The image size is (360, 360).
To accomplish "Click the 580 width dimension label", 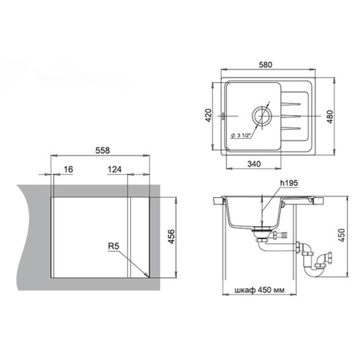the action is click(x=266, y=65).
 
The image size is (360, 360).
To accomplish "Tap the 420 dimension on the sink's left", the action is click(x=209, y=115).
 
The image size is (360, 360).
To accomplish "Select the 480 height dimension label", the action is click(x=330, y=117).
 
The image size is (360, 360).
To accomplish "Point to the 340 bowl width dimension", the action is click(x=254, y=164).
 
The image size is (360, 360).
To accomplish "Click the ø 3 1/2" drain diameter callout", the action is click(x=240, y=135).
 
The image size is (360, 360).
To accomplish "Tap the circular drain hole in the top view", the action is click(x=262, y=116).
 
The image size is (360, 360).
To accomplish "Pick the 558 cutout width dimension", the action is click(x=102, y=150).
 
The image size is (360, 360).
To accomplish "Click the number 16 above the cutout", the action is click(x=68, y=169).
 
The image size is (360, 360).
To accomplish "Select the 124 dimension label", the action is click(x=114, y=169).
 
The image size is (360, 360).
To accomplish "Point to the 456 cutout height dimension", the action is click(x=171, y=237).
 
